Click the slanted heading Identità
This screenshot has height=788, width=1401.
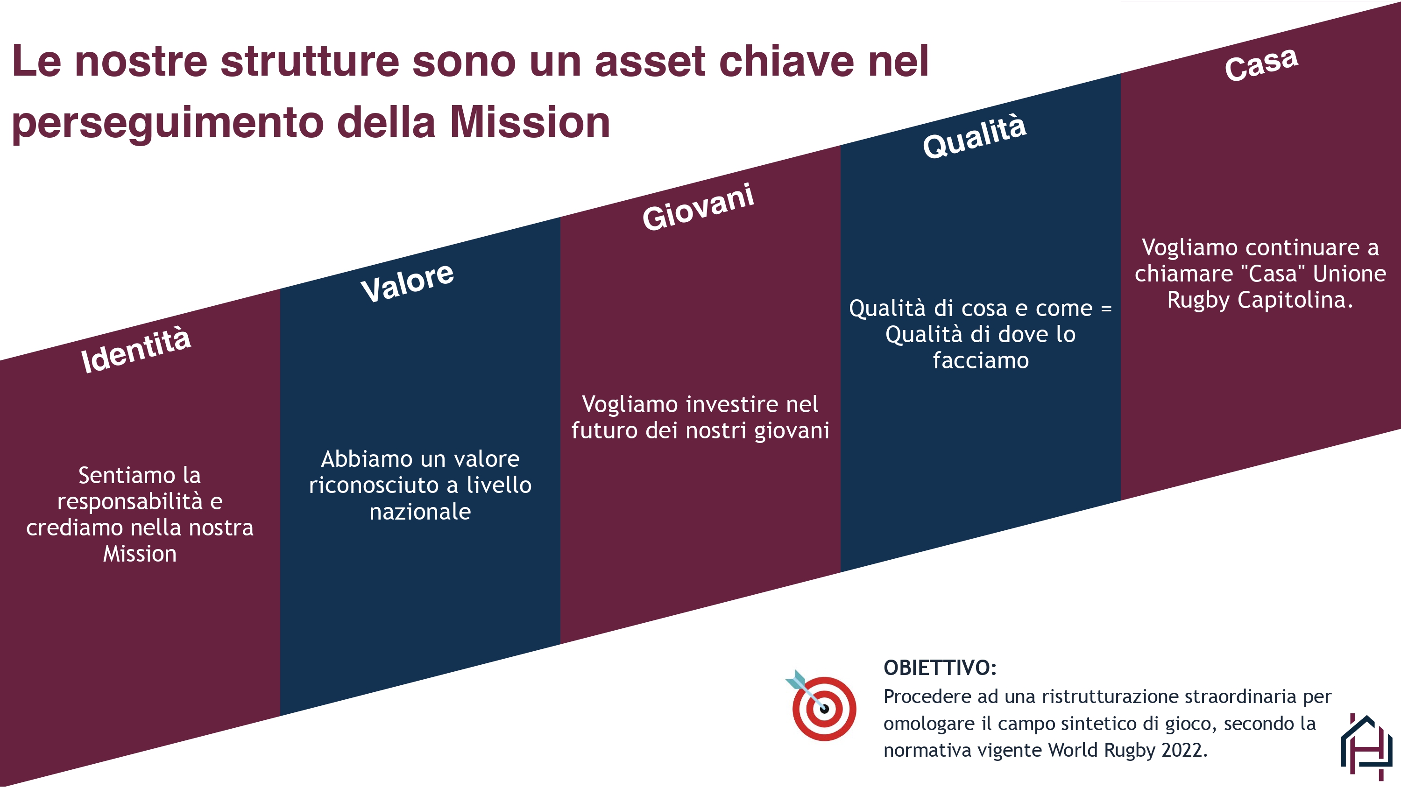tap(135, 350)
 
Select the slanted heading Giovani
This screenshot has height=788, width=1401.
tap(698, 207)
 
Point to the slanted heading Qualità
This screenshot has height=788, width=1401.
tap(975, 136)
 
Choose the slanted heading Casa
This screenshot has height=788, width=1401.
tap(1261, 64)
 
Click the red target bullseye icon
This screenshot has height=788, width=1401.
tap(822, 705)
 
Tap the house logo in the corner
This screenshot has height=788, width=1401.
tap(1366, 746)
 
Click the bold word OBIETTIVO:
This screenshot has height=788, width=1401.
tap(940, 668)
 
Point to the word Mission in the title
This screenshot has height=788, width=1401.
tap(530, 122)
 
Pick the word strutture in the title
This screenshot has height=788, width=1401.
tap(310, 62)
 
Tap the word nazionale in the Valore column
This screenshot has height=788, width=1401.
tap(420, 512)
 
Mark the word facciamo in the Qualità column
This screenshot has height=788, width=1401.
tap(981, 360)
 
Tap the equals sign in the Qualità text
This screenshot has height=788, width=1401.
tap(1106, 309)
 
